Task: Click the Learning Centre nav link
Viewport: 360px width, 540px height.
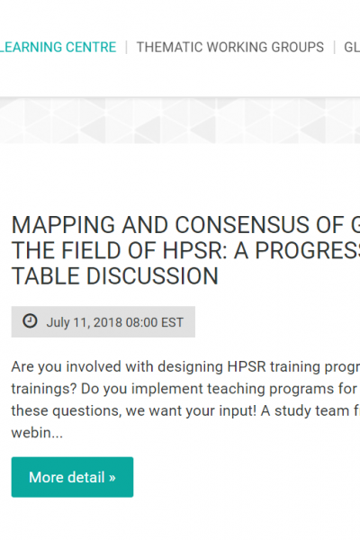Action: coord(58,47)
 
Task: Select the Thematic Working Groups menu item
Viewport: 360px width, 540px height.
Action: coord(230,47)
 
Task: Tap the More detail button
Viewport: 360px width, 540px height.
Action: coord(72,477)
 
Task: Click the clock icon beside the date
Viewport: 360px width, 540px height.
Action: coord(30,321)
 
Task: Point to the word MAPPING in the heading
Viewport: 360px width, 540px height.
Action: coord(63,225)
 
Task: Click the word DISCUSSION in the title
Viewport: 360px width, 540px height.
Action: coord(152,276)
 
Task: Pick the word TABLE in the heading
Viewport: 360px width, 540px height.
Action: coord(46,276)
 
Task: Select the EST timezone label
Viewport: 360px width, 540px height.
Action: coord(172,322)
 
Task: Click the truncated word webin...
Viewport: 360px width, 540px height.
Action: coord(37,433)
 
